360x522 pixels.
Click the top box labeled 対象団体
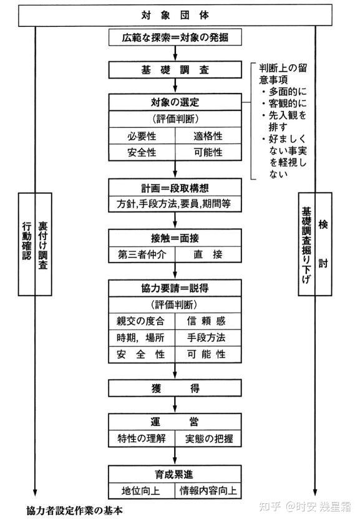coord(175,16)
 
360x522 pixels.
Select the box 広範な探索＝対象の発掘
coord(175,37)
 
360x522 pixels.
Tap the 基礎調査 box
coord(175,70)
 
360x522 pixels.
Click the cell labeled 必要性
coord(142,136)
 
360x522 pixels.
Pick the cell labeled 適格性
coord(208,136)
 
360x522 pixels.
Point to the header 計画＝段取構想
coord(175,188)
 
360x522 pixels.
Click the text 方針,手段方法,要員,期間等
coord(174,204)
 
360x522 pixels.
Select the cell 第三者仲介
coord(142,254)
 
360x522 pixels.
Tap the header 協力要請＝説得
coord(175,288)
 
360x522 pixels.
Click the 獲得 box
coord(175,388)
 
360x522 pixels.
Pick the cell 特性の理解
coord(142,438)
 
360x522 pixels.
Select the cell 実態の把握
coord(208,438)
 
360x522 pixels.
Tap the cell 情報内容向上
coord(208,490)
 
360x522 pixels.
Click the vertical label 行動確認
coord(27,241)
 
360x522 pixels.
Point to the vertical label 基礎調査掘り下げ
coord(306,245)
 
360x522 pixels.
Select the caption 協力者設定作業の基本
coord(75,511)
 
